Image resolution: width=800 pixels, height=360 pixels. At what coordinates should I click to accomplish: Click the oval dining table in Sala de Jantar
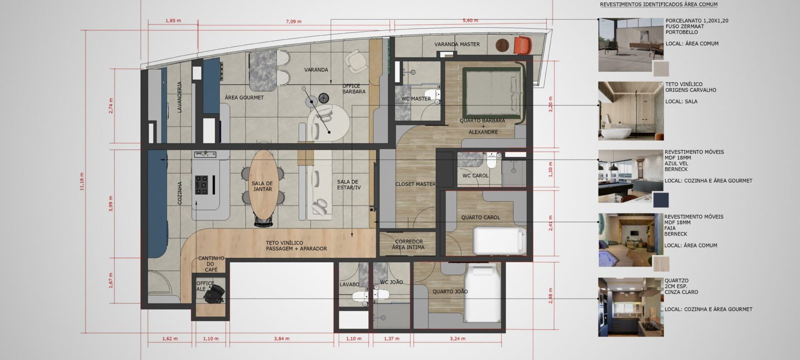click(x=263, y=184)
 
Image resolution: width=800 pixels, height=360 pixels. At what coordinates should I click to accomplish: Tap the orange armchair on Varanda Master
click(x=523, y=45)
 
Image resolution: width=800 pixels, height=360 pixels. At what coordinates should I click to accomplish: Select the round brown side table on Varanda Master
click(x=502, y=45)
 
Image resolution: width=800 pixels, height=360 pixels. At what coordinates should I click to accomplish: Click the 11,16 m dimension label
click(x=82, y=181)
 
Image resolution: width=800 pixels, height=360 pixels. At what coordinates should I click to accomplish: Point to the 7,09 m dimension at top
click(x=293, y=21)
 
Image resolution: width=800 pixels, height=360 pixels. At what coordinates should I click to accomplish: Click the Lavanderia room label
click(x=179, y=97)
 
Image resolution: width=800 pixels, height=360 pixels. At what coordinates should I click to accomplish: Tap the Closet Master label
click(x=415, y=184)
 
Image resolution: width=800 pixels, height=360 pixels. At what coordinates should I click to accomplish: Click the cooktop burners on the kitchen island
click(x=201, y=185)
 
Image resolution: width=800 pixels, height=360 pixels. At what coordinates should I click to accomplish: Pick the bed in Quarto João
click(x=482, y=293)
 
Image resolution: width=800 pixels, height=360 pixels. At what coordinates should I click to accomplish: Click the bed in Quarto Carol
click(x=499, y=240)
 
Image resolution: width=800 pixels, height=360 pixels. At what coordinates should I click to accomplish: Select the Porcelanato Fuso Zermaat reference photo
click(x=630, y=44)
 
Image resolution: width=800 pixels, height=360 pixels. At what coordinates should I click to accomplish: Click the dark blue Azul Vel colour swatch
click(x=660, y=199)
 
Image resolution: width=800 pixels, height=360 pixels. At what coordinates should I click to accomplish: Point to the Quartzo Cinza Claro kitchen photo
click(x=630, y=307)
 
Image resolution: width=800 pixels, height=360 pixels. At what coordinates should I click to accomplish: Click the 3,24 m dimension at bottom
click(x=457, y=338)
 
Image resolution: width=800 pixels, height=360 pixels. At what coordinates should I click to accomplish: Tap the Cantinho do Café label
click(x=211, y=264)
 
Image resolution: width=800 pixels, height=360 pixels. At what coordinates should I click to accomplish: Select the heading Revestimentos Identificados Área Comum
click(x=658, y=4)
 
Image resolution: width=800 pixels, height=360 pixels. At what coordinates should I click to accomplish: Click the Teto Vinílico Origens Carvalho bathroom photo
click(x=630, y=110)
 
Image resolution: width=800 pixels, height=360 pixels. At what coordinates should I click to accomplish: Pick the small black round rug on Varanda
click(x=323, y=97)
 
